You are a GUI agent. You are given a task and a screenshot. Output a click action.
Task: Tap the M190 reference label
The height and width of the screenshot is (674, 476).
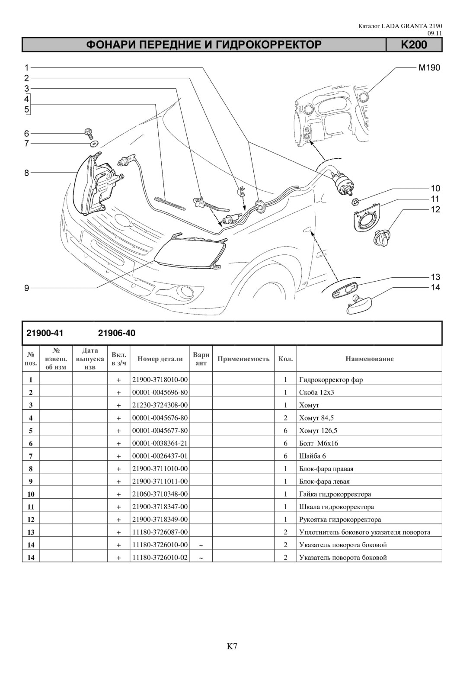[429, 67]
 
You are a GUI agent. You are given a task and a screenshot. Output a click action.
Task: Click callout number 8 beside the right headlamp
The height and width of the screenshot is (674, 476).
[27, 173]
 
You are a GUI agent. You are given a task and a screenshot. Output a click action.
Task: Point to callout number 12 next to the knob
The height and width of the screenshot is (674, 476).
[435, 209]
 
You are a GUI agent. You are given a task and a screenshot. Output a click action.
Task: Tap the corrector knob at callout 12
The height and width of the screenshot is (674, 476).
[383, 238]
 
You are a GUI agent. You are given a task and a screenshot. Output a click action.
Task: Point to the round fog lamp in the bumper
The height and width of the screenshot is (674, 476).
[184, 291]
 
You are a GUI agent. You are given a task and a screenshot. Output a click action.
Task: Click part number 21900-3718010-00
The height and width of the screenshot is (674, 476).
[160, 380]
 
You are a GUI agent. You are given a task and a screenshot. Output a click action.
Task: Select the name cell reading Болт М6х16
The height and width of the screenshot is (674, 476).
[319, 443]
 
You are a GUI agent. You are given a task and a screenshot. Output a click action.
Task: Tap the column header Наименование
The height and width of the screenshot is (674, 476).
[369, 359]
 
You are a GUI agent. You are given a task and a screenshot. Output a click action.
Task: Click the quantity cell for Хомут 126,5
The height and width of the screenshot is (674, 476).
[285, 430]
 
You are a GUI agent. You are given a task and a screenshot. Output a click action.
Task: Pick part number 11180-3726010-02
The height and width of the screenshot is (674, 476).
[160, 558]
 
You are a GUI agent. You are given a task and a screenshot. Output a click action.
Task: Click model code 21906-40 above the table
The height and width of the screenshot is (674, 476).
[117, 334]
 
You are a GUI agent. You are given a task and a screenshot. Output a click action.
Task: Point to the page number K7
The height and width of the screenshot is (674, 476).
[232, 646]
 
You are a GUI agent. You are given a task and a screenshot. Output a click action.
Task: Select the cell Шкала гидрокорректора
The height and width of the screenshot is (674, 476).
[336, 507]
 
